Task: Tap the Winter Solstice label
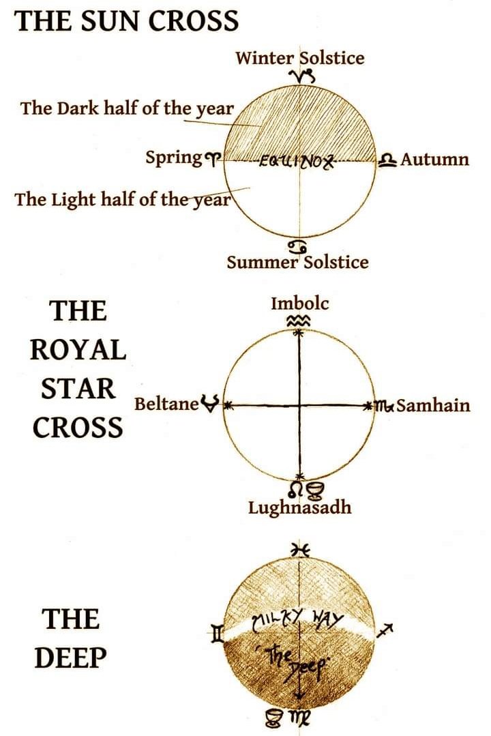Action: pos(300,57)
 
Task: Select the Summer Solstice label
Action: pos(297,262)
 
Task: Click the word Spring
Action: pos(173,158)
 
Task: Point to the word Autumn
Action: pos(434,160)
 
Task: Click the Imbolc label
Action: pos(299,302)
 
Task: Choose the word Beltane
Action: pos(166,404)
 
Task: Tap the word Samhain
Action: pos(433,406)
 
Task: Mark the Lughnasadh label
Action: pos(299,507)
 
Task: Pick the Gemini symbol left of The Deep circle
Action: pos(217,636)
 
